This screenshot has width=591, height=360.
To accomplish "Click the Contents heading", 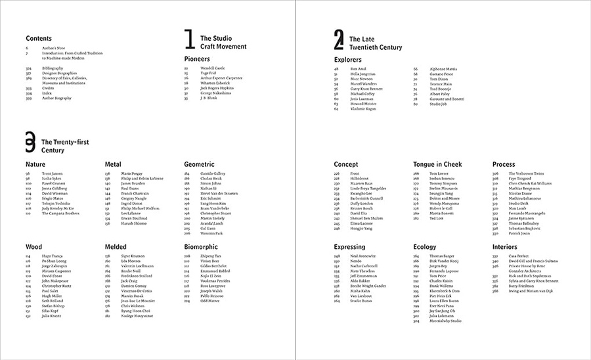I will (x=39, y=38).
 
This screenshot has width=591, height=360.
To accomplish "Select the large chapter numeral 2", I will (x=339, y=41).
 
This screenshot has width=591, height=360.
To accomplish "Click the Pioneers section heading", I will (x=197, y=59).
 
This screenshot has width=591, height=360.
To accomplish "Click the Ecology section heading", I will (x=426, y=247).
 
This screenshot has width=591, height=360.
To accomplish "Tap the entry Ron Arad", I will (x=358, y=68).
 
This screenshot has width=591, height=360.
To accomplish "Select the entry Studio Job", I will (x=439, y=103).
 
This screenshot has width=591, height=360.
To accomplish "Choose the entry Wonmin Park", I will (x=213, y=233).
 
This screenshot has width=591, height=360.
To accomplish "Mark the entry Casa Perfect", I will (x=519, y=256).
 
